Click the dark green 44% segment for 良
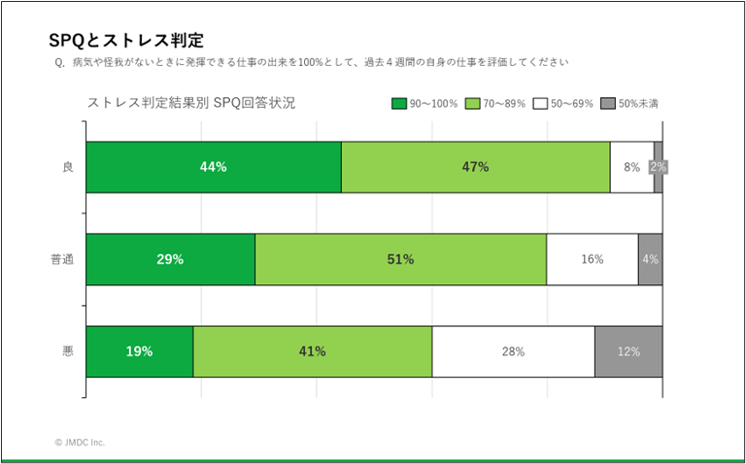(214, 167)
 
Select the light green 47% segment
(475, 167)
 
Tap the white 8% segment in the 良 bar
(631, 167)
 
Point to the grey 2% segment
(658, 167)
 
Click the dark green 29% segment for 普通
(170, 259)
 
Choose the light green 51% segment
(400, 259)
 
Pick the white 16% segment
(592, 259)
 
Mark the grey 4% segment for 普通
(650, 259)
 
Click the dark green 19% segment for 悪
(139, 351)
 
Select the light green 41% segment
(312, 351)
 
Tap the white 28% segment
(513, 351)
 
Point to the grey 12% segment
(628, 351)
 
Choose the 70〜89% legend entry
(495, 103)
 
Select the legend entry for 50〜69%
(564, 103)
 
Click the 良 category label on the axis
(68, 167)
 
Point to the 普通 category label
(62, 259)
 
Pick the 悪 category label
(68, 351)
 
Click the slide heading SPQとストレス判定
(125, 40)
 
